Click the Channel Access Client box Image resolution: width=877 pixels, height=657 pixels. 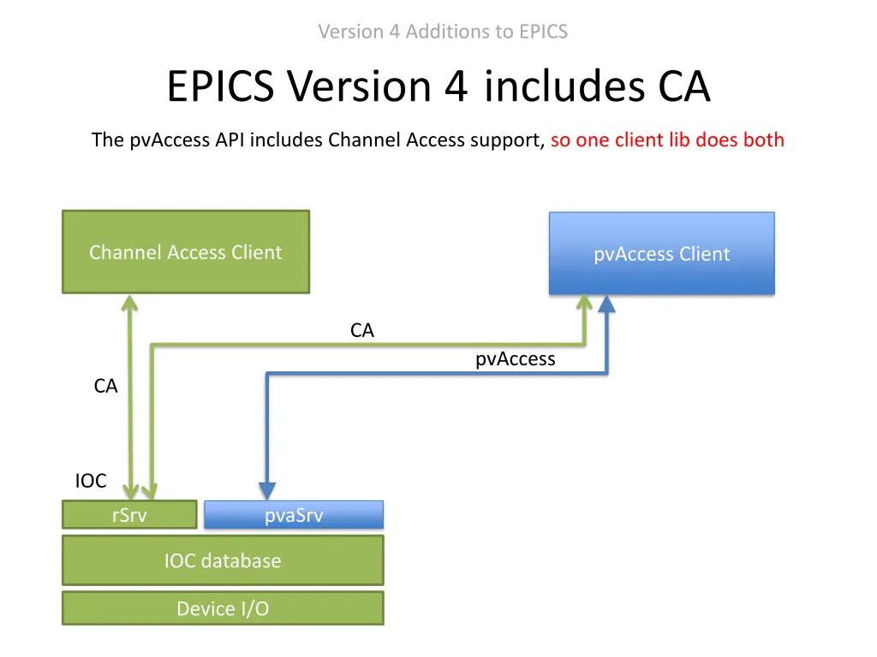(185, 252)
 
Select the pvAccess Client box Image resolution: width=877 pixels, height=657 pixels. (661, 254)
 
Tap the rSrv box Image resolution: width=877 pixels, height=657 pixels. (129, 515)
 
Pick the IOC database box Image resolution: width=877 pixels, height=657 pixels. (223, 561)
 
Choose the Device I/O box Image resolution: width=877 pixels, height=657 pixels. (223, 608)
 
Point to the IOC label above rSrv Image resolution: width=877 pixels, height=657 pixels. (91, 481)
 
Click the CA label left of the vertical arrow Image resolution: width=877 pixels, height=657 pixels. (105, 387)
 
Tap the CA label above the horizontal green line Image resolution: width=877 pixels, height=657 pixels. (362, 330)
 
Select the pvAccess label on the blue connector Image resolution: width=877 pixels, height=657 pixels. (515, 359)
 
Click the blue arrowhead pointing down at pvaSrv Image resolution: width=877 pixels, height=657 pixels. (267, 490)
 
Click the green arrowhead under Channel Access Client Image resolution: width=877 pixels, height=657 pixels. (129, 305)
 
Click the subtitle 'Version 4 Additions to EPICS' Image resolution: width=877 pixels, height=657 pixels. (443, 32)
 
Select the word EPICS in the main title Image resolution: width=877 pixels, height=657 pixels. (222, 86)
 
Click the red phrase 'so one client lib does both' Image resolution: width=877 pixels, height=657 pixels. (667, 140)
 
